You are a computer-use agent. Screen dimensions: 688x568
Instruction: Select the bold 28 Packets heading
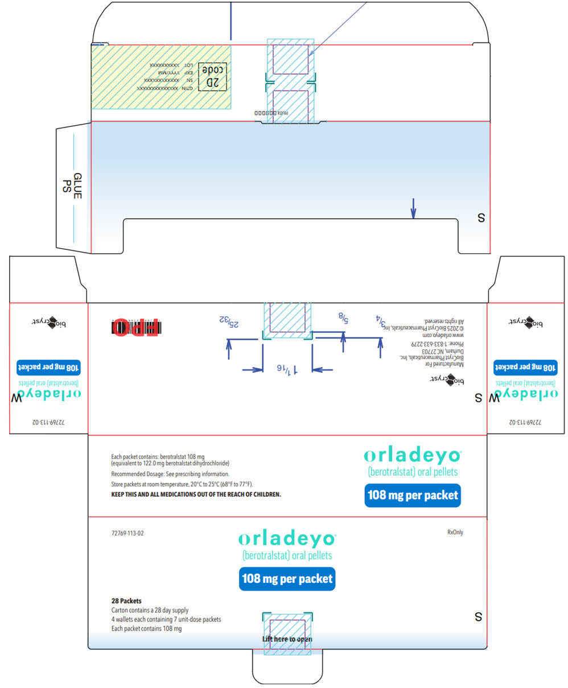click(x=126, y=601)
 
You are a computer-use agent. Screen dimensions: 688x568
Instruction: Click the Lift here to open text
click(x=287, y=639)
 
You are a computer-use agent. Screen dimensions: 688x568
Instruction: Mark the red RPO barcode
click(x=136, y=327)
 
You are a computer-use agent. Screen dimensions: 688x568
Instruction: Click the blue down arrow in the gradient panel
click(x=413, y=208)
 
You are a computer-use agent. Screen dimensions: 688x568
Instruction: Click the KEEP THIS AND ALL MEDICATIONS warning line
click(x=196, y=495)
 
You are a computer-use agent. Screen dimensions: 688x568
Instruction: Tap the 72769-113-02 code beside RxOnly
click(x=131, y=534)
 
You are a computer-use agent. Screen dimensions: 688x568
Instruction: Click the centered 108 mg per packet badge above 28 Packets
click(x=287, y=579)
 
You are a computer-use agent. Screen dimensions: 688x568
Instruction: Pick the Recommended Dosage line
click(x=170, y=473)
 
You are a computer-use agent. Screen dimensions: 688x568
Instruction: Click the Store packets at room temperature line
click(x=182, y=484)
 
